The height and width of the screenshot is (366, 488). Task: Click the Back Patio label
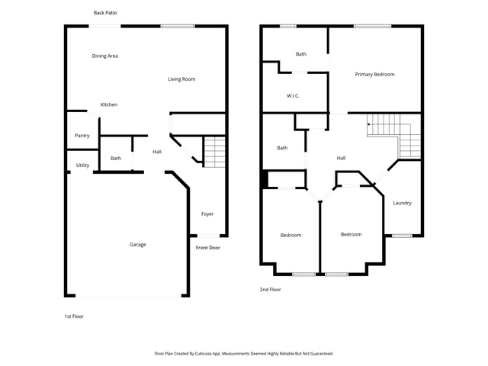105,13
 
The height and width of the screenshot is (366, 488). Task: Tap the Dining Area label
105,56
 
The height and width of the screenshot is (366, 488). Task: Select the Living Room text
181,79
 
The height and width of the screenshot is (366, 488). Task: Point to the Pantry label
82,136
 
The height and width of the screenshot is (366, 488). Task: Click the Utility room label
82,165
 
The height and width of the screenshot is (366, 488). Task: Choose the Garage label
138,245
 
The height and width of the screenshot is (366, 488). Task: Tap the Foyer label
207,214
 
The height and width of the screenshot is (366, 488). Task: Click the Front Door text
208,248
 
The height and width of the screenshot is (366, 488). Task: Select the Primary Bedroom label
374,75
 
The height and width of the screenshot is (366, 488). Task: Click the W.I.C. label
293,96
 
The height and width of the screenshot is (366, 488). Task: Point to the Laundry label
402,203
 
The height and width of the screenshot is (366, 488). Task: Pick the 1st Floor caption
74,316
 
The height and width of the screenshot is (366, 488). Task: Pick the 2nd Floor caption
270,290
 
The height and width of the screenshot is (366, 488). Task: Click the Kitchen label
109,104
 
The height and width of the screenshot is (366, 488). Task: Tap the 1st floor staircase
214,152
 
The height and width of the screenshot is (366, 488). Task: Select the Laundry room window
402,236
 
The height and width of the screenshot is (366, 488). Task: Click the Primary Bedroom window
373,26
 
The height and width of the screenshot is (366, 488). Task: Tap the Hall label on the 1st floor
157,152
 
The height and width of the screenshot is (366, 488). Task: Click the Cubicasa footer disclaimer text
244,354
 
